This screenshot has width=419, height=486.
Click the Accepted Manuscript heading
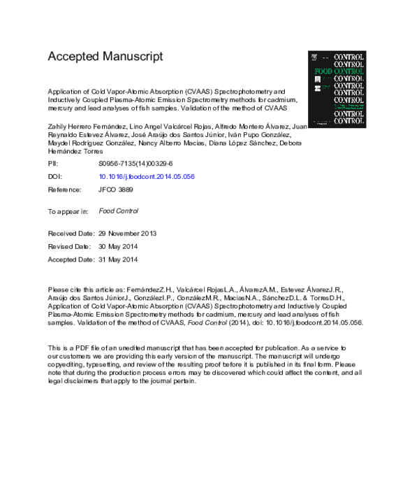click(105, 56)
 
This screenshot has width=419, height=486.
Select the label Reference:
click(64, 190)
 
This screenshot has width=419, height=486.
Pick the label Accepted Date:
click(71, 259)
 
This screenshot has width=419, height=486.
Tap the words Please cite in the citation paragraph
click(66, 288)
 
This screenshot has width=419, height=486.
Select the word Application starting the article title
click(66, 91)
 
